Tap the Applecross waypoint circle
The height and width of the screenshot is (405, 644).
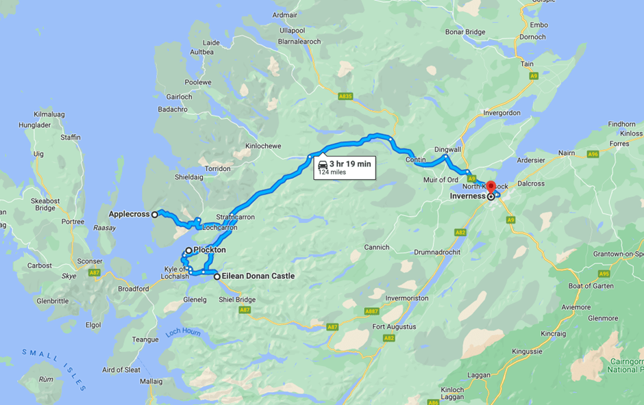pyautogui.click(x=155, y=214)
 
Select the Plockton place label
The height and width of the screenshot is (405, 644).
pyautogui.click(x=209, y=250)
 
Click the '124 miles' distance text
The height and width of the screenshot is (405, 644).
pyautogui.click(x=332, y=172)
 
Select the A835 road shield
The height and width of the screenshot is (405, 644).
pyautogui.click(x=345, y=96)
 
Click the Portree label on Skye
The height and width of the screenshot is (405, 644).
pyautogui.click(x=72, y=222)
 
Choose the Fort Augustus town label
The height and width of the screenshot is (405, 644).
pyautogui.click(x=394, y=326)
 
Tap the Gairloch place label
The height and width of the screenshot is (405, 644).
pyautogui.click(x=179, y=97)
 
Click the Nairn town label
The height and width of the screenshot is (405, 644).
pyautogui.click(x=566, y=153)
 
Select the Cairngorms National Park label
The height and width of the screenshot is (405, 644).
pyautogui.click(x=625, y=365)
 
